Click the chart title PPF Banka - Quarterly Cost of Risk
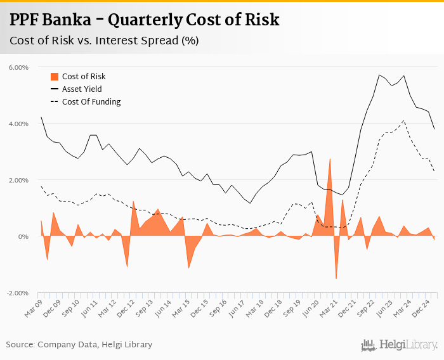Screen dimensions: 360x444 (x=144, y=20)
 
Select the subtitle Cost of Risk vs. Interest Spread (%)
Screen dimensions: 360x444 (x=104, y=41)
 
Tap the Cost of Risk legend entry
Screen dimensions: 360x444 (x=83, y=77)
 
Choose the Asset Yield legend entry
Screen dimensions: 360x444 (x=82, y=89)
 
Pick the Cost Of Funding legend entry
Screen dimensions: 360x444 (x=91, y=101)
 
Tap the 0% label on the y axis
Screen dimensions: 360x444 (x=23, y=237)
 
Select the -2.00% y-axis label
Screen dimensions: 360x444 (x=18, y=293)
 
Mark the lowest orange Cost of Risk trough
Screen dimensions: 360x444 (x=336, y=278)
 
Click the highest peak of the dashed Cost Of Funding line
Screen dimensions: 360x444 (x=404, y=120)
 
